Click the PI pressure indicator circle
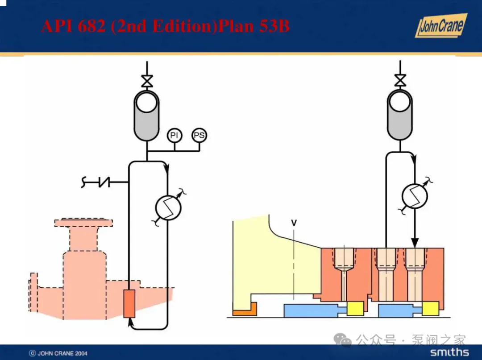click(174, 135)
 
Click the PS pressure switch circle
click(199, 135)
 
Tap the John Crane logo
click(440, 26)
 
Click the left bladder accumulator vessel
click(146, 115)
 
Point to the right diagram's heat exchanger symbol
click(415, 194)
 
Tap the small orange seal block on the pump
click(129, 303)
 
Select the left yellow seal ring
click(355, 308)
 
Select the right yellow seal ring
click(431, 308)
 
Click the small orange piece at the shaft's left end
click(244, 309)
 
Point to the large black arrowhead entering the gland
click(415, 243)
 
